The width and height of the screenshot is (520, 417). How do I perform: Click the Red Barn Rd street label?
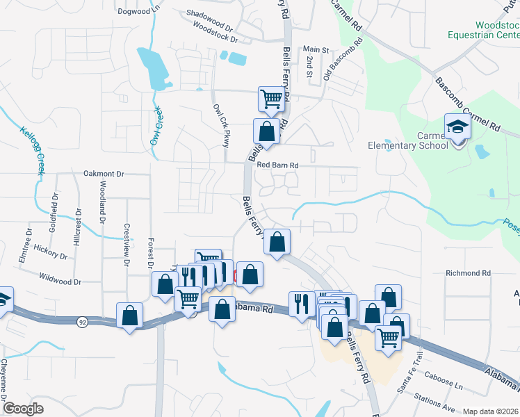(277, 165)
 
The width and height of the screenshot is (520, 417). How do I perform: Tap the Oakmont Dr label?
(103, 174)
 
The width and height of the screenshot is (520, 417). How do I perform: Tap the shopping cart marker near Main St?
(270, 99)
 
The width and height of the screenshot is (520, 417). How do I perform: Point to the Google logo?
(24, 409)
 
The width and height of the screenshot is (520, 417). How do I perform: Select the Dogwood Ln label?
(139, 11)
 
